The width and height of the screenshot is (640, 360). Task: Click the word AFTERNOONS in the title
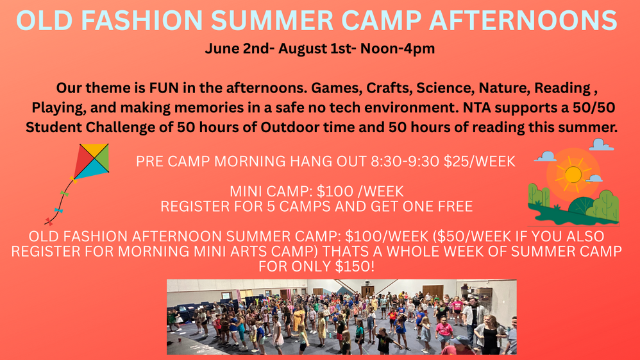[523, 20]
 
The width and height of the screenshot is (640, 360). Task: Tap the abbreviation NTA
[476, 107]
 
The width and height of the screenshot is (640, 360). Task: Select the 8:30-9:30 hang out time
[405, 162]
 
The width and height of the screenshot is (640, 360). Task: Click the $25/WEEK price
[480, 162]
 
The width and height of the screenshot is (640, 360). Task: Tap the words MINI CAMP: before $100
[271, 191]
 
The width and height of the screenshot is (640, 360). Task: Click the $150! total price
[354, 266]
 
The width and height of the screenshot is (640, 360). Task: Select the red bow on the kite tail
[49, 221]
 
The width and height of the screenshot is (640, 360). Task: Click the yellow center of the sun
[573, 175]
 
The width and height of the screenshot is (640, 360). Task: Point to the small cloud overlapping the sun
[594, 178]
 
